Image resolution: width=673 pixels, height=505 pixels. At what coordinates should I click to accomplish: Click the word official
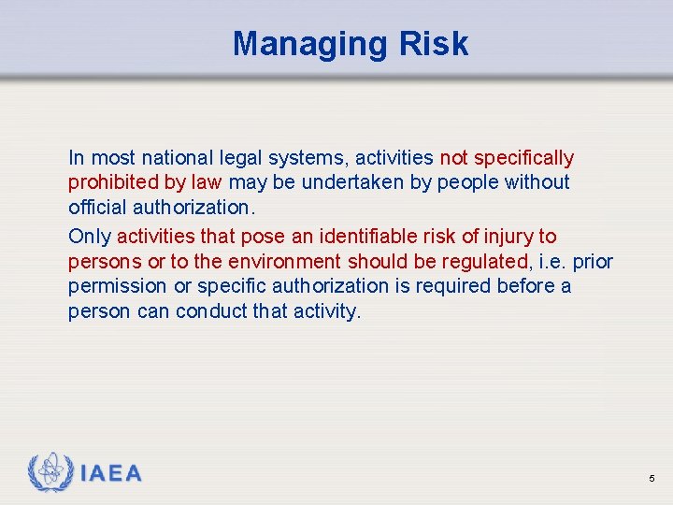tap(94, 207)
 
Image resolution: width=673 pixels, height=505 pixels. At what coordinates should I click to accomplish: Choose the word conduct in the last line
tap(211, 311)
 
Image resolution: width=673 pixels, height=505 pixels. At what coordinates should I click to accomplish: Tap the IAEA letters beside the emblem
tap(111, 473)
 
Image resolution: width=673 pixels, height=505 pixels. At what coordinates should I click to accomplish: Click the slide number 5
tap(652, 479)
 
